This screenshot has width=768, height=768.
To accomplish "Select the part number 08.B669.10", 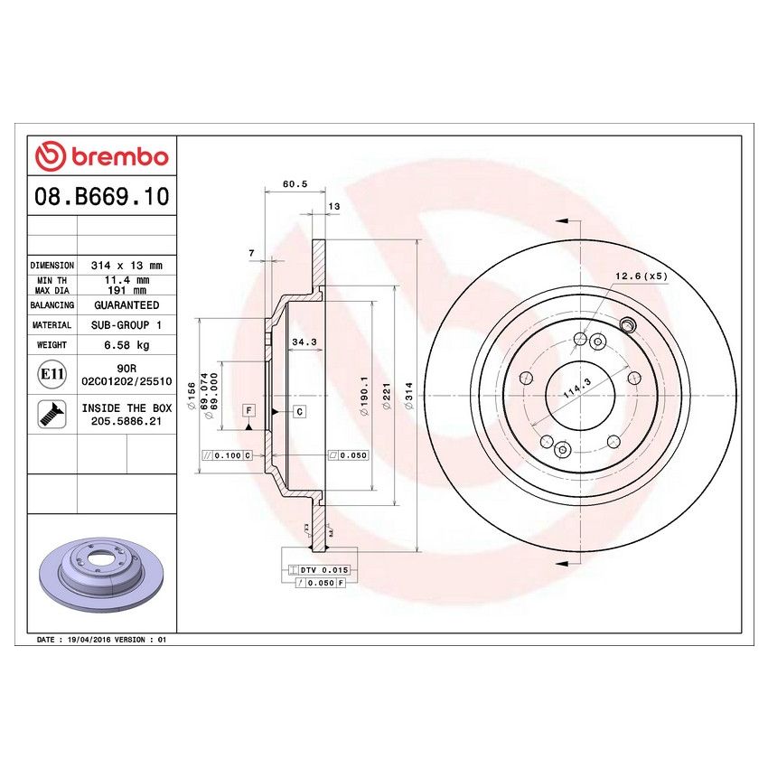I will [x=101, y=196].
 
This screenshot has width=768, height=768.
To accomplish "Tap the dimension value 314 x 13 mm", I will [x=126, y=266].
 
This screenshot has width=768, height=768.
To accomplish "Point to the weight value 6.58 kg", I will [x=126, y=345].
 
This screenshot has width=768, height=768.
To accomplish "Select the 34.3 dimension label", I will [x=304, y=342].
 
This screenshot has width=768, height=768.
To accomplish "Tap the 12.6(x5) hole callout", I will [x=641, y=276].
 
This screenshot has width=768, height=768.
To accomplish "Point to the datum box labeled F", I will [x=247, y=411].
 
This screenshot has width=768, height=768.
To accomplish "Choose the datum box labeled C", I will [x=297, y=411].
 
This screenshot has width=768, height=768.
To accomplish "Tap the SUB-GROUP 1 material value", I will [x=126, y=324].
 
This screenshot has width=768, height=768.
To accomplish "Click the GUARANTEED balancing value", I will [x=126, y=305].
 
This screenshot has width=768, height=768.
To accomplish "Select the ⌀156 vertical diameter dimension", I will [x=192, y=395].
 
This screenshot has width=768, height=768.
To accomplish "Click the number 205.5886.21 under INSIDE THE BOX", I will [x=126, y=421].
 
